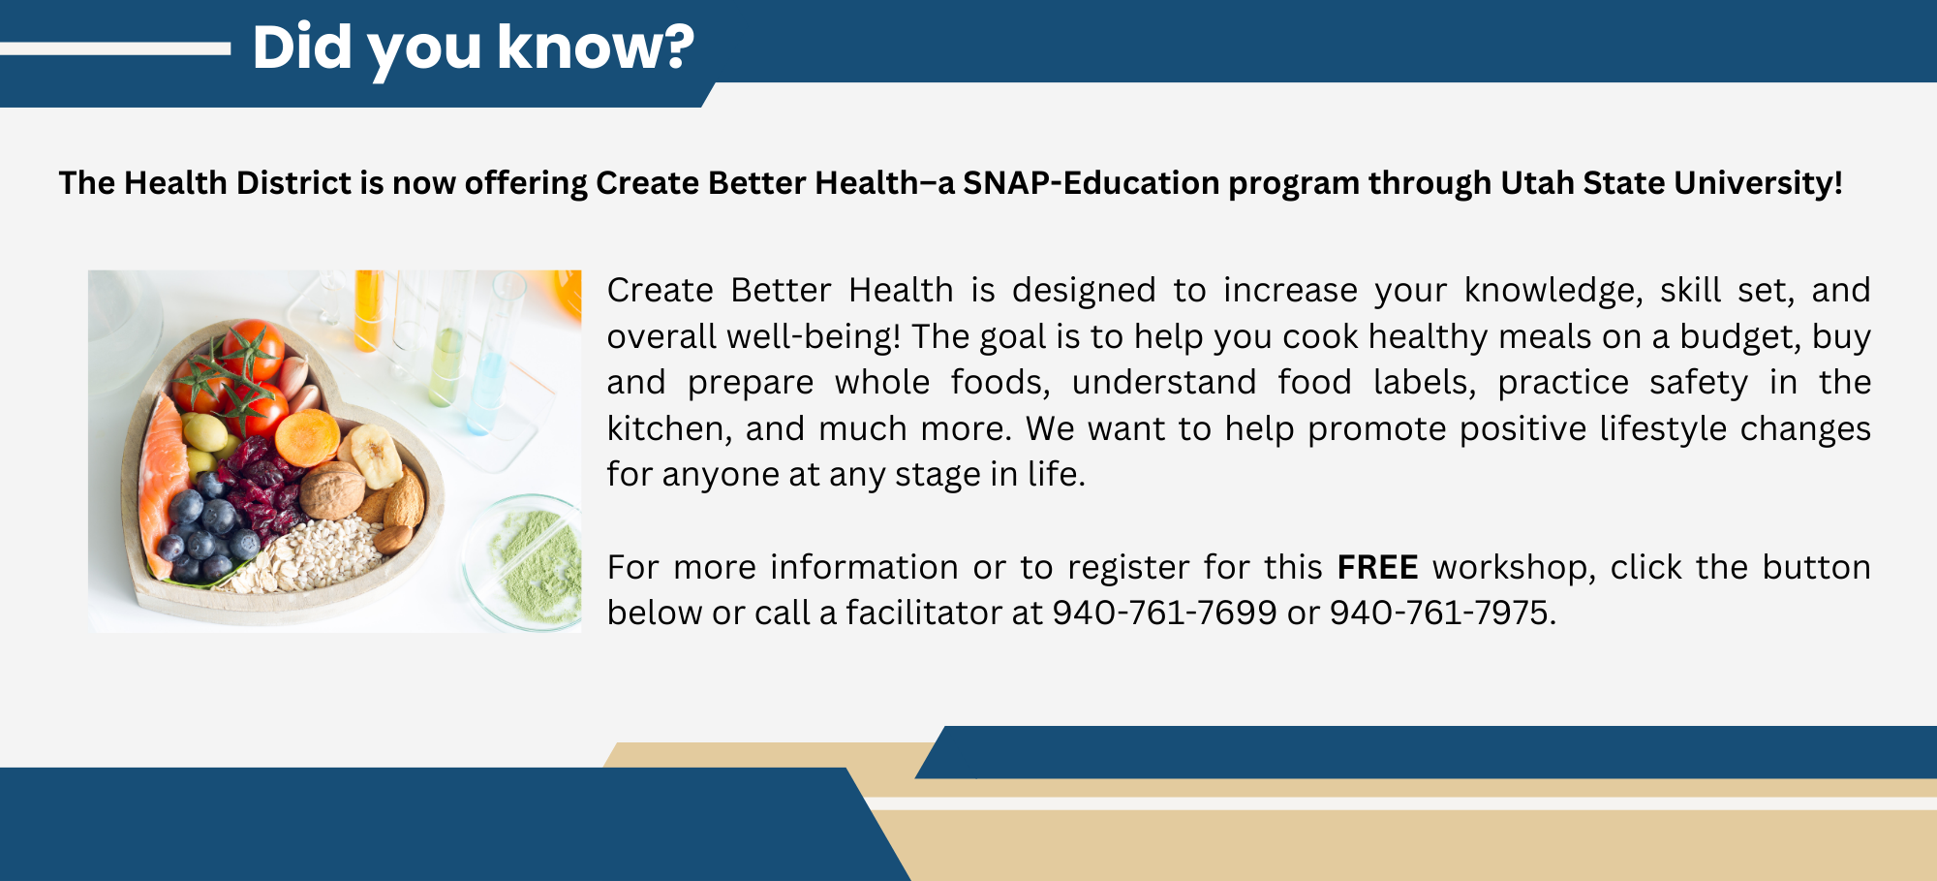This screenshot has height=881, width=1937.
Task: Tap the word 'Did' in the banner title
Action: (301, 47)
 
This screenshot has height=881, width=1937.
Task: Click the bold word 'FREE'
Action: (1377, 567)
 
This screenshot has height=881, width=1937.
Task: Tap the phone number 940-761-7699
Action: (1164, 614)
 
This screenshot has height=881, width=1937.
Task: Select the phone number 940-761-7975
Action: (1440, 614)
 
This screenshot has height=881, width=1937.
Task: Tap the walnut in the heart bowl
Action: (330, 489)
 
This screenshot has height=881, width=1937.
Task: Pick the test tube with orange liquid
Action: (368, 310)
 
